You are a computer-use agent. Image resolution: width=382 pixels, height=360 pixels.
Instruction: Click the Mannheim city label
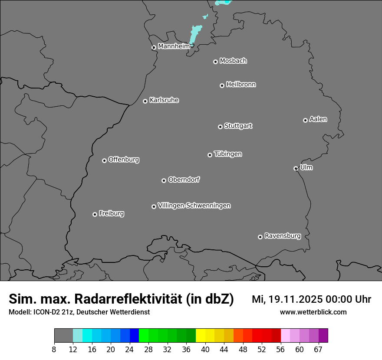click(174, 46)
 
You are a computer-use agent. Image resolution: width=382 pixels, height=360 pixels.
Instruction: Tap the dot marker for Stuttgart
click(220, 127)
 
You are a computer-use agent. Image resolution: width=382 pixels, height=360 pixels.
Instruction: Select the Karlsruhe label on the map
click(164, 100)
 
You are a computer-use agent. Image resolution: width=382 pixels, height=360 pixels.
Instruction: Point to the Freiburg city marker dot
click(95, 214)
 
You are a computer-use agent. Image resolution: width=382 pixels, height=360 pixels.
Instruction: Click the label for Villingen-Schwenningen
click(194, 206)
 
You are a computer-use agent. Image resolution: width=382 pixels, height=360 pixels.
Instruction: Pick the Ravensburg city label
click(282, 236)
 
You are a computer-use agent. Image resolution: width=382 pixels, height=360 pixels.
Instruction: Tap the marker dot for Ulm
click(296, 168)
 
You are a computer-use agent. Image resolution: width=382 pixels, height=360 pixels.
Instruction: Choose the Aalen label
click(318, 119)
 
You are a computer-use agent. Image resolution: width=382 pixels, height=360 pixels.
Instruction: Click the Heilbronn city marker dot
click(222, 85)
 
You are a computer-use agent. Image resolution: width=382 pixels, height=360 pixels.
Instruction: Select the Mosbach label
click(233, 61)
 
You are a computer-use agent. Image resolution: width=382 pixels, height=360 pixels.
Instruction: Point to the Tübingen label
click(228, 154)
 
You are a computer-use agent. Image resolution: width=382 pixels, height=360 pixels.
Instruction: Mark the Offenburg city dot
click(104, 160)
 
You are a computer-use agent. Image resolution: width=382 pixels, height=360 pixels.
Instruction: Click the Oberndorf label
click(184, 180)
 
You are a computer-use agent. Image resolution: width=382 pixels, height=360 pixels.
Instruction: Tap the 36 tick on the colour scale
click(186, 350)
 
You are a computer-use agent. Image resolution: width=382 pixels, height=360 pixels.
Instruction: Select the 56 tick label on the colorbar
click(280, 350)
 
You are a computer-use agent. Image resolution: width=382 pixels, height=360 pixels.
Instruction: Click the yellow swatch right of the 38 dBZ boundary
click(200, 336)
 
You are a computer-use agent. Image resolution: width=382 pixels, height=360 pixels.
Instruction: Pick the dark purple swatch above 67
click(323, 336)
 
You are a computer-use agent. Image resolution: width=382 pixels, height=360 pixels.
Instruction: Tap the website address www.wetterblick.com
click(313, 312)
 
